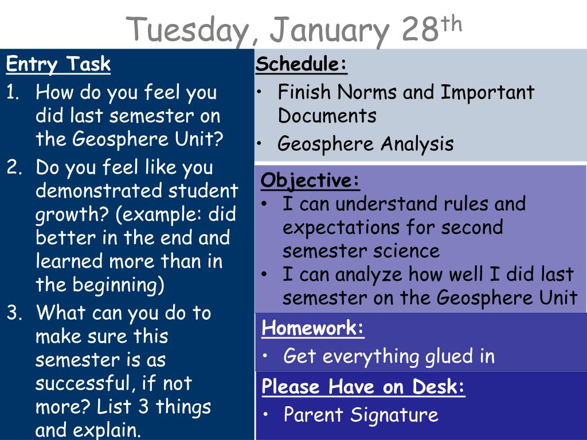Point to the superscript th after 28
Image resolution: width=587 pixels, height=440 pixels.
(451, 24)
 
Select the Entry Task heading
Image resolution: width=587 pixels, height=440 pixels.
(58, 64)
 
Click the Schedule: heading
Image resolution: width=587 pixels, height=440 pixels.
(302, 64)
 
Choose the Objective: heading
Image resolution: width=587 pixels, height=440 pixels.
(310, 180)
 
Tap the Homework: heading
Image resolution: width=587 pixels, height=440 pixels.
(312, 328)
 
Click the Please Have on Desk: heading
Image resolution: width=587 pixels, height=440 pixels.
(363, 386)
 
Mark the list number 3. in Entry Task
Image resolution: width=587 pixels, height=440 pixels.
(14, 313)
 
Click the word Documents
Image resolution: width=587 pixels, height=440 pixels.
(327, 115)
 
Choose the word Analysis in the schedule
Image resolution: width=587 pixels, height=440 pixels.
(417, 144)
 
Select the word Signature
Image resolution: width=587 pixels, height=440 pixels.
(394, 415)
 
